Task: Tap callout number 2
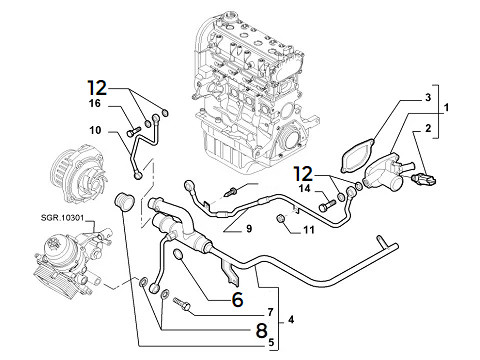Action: pyautogui.click(x=427, y=129)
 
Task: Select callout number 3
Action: pyautogui.click(x=427, y=97)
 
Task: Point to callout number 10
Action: pyautogui.click(x=96, y=130)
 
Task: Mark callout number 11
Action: pyautogui.click(x=309, y=231)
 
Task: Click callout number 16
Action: pyautogui.click(x=95, y=104)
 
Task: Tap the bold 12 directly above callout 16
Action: pyautogui.click(x=96, y=86)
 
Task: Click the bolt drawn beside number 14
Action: pyautogui.click(x=328, y=204)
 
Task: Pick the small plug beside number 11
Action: pyautogui.click(x=283, y=218)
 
